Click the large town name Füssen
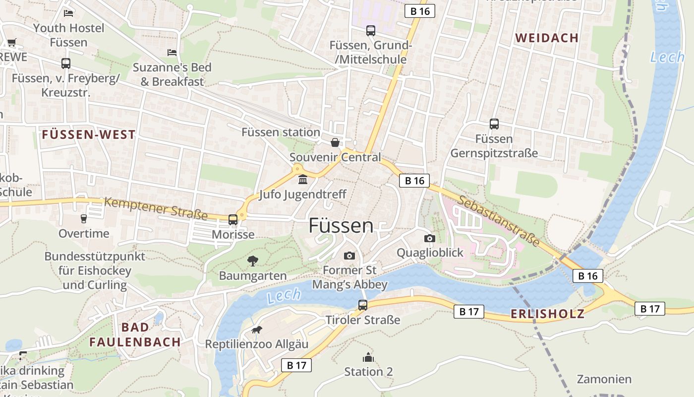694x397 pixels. [x=341, y=226]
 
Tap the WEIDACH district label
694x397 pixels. [x=547, y=38]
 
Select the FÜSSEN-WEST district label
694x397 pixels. [x=89, y=134]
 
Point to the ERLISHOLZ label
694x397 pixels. [x=547, y=314]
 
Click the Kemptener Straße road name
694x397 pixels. [x=156, y=208]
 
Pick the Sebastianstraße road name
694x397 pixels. [x=499, y=221]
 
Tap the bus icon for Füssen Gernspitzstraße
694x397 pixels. [x=494, y=124]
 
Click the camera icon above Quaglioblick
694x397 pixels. [x=430, y=239]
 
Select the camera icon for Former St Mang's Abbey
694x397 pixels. [x=349, y=256]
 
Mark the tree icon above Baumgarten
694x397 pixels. [x=253, y=261]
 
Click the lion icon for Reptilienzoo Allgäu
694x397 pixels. [x=256, y=330]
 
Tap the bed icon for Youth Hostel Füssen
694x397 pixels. [x=68, y=13]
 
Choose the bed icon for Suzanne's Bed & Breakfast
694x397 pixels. [x=172, y=52]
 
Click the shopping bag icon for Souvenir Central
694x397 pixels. [x=335, y=143]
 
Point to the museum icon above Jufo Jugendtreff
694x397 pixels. [x=302, y=179]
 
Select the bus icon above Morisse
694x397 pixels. [x=233, y=219]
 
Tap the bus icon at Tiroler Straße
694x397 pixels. [x=363, y=305]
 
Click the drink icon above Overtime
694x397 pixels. [x=84, y=218]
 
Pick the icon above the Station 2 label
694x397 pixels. [x=368, y=357]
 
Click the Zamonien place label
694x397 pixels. [x=604, y=379]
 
